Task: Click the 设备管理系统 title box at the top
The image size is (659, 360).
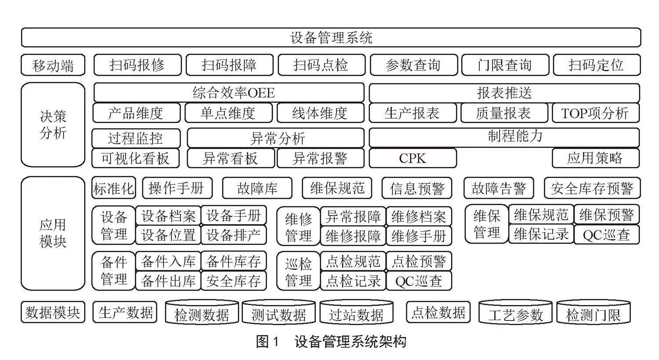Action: point(331,37)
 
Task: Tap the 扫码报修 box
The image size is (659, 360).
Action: point(138,65)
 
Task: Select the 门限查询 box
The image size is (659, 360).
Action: point(505,65)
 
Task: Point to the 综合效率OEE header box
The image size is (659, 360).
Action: point(229,93)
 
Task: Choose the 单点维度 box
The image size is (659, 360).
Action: point(228,113)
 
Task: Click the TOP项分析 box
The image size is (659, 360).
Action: point(596,113)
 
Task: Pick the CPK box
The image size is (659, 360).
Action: point(413,158)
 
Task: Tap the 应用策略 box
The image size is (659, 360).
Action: point(596,158)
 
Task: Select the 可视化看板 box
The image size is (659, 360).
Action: point(136,158)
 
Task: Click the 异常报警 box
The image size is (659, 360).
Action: point(320,158)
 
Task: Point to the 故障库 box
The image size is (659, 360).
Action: point(257,188)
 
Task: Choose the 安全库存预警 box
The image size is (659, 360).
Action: point(592,188)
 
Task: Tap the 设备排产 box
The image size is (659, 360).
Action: point(234,235)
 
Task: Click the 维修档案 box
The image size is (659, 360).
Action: point(419,216)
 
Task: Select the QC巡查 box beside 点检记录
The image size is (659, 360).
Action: point(419,281)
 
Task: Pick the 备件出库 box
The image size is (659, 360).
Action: point(168,280)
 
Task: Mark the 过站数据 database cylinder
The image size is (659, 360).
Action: point(356,312)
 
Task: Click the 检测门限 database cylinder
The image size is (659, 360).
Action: point(594,312)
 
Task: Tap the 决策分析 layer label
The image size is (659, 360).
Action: point(53,125)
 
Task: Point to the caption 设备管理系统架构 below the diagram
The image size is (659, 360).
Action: point(351,342)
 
